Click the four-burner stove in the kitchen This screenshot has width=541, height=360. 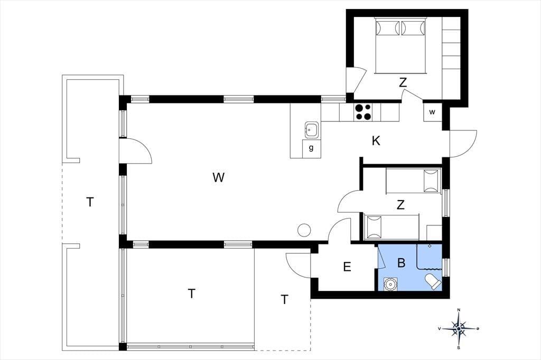coord(363,112)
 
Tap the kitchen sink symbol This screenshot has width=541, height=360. coord(312,129)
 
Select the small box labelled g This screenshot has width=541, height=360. coord(311,148)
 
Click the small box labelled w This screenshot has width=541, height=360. coord(432,112)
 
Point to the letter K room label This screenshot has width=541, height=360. coord(376,141)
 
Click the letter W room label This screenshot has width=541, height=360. coord(219,177)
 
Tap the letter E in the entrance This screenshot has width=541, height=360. coord(347,267)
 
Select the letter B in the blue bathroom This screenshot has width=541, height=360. coord(401,263)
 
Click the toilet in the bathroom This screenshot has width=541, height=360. coord(433,281)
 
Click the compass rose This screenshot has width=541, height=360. coord(459,329)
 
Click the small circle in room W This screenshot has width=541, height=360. coord(305,230)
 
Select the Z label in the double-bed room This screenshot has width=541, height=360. coord(403,83)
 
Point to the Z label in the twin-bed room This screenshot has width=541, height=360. coord(400,205)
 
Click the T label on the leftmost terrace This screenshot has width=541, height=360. coord(90,202)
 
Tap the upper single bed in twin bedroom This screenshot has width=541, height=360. coord(413,181)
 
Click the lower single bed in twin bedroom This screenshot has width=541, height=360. coord(391,227)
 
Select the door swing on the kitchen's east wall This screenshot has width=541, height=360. coord(463,144)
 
